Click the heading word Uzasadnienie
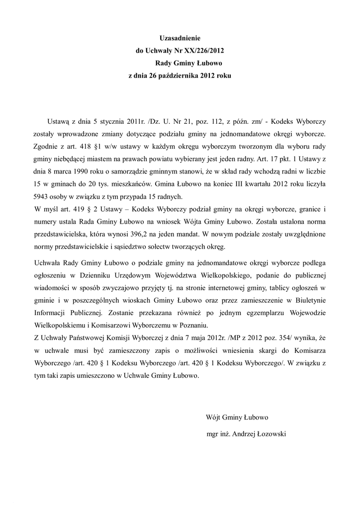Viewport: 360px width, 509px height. tap(179, 38)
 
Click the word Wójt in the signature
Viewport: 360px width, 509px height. tap(213, 417)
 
